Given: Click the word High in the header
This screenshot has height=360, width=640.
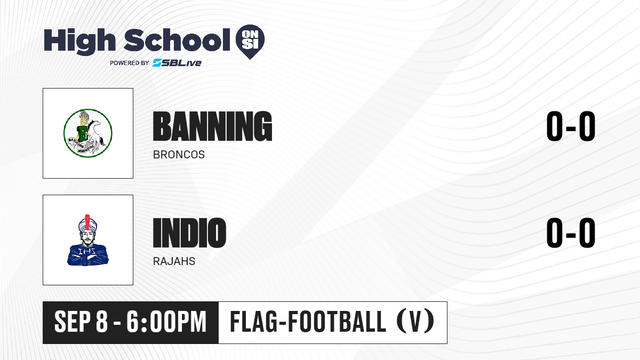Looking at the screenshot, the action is click(79, 41).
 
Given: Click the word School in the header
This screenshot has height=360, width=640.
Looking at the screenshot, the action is click(177, 40).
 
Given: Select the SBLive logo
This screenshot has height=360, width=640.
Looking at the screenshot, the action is click(177, 63).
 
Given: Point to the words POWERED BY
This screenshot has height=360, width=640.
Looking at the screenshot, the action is click(130, 63).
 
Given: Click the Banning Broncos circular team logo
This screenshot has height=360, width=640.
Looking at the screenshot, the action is click(87, 133).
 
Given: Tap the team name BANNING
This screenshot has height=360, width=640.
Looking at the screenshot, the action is click(212, 126).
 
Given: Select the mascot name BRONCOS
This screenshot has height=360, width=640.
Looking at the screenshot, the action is click(179, 155).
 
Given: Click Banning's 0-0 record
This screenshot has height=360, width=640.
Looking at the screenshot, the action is click(571, 126).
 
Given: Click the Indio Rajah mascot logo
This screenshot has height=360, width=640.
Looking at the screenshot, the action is click(87, 240).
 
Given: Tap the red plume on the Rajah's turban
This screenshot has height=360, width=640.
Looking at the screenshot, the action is click(87, 222).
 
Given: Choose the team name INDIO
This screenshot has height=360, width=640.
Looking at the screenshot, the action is click(189, 233).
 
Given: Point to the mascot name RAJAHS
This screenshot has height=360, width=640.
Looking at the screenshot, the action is click(174, 261).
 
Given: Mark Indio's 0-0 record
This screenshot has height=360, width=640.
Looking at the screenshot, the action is click(571, 233).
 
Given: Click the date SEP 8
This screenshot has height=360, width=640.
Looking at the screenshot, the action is click(81, 322).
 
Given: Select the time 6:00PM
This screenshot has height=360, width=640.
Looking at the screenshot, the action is click(166, 322).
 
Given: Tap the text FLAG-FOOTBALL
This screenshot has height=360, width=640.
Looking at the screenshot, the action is click(308, 322).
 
